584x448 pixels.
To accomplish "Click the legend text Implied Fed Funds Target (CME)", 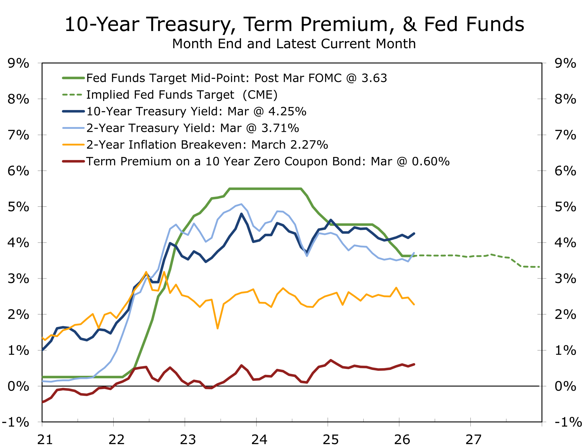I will [x=182, y=95].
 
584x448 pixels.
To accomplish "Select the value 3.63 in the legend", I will [x=374, y=78].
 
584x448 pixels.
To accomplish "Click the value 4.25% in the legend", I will [x=287, y=111].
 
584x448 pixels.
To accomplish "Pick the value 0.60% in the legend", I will [x=430, y=162].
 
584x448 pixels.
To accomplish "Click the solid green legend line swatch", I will [x=73, y=78].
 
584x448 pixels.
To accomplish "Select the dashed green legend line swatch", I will [x=72, y=95].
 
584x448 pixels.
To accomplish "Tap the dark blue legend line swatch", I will [x=73, y=111].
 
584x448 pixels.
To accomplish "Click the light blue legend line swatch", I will [x=73, y=128].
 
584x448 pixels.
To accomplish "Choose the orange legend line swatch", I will [x=73, y=145].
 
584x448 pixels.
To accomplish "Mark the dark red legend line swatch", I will [x=73, y=162].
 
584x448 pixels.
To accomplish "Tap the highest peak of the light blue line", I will [x=242, y=204].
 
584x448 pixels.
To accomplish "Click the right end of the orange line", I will [x=414, y=304].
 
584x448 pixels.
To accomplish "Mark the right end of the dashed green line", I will [x=539, y=267].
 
